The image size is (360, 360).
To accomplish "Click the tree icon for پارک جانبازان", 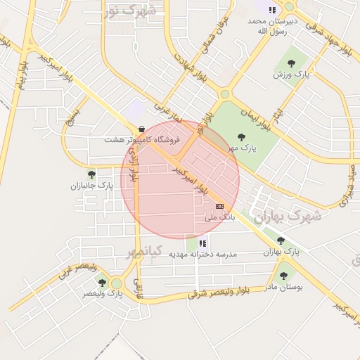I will [x=91, y=174].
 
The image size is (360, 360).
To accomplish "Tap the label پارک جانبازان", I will [x=91, y=186].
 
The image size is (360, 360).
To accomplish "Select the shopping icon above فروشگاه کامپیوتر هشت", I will [x=143, y=129].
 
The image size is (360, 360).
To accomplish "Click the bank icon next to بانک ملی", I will [x=219, y=206].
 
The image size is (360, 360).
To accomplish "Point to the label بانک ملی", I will [x=218, y=218].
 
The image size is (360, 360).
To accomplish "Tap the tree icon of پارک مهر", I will [x=241, y=137].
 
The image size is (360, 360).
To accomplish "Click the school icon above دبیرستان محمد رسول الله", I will [x=271, y=10].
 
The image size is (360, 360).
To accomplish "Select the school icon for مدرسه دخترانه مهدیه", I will [x=203, y=243].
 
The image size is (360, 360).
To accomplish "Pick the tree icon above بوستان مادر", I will [x=283, y=276].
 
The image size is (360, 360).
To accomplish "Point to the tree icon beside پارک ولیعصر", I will [x=103, y=283].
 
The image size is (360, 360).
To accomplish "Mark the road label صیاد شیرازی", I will [x=349, y=185].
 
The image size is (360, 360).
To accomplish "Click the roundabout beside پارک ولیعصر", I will [x=117, y=283].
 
